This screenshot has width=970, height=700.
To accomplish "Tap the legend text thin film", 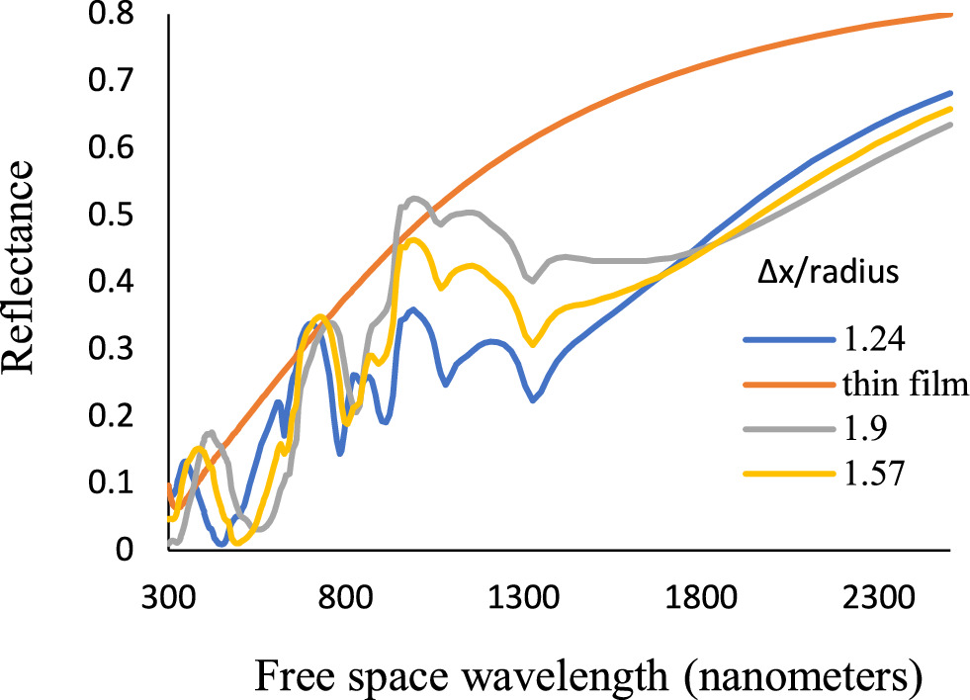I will click(x=900, y=386).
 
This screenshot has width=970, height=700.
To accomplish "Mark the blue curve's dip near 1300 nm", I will click(x=533, y=400).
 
